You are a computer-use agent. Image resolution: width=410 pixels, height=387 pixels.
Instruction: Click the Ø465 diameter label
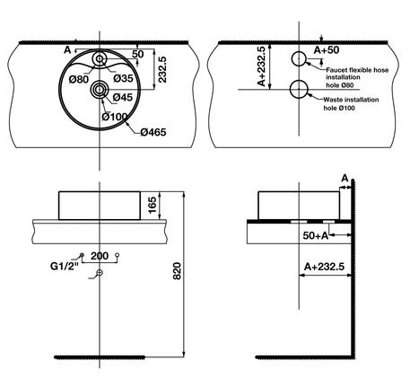coord(153,133)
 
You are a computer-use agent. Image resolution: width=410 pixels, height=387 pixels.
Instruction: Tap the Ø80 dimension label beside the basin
coord(80,79)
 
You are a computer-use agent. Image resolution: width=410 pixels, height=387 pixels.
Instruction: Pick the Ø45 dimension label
coord(123,97)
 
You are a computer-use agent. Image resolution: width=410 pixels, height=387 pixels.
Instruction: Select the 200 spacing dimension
coord(99,256)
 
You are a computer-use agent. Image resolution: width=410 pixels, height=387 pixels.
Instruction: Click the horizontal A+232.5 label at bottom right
coord(325,267)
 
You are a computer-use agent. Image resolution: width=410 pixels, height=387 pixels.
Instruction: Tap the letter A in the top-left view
coord(65,50)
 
